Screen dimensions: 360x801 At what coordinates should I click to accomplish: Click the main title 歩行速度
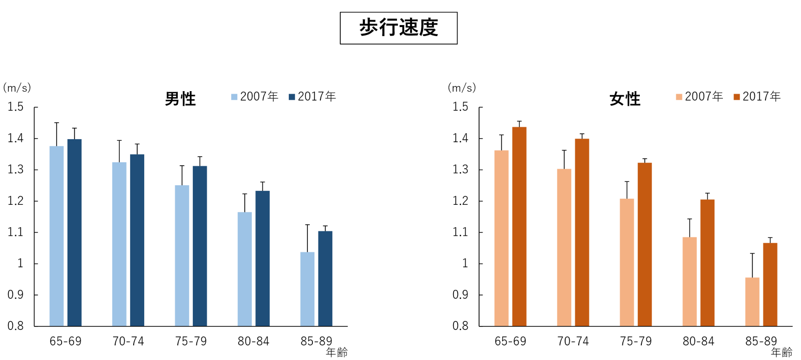(x=398, y=28)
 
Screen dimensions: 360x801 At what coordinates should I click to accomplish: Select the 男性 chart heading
(x=180, y=99)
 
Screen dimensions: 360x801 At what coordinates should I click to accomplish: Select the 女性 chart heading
(x=625, y=99)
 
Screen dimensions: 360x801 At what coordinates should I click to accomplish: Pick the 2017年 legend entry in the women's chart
(x=757, y=97)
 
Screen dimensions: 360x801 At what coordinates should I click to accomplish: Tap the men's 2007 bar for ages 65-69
(x=57, y=235)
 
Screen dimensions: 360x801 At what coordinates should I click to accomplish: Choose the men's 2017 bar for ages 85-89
(x=325, y=278)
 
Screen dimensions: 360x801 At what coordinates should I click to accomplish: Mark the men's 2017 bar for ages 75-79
(x=200, y=245)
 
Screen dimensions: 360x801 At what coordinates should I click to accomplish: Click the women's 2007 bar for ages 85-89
(x=752, y=301)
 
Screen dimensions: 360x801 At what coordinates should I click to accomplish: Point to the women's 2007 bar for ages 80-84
(x=689, y=281)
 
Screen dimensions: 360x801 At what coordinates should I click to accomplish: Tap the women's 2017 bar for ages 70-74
(x=582, y=232)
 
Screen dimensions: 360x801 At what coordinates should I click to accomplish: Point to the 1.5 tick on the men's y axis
(x=16, y=107)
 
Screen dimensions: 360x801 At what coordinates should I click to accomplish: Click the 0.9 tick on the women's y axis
(x=461, y=295)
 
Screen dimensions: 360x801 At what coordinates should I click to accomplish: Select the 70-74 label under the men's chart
(x=128, y=341)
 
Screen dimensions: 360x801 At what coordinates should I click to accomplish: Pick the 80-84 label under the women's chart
(x=698, y=341)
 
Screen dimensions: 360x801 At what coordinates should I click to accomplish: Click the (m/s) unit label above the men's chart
(x=17, y=88)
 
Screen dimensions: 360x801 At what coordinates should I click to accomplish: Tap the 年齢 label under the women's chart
(x=781, y=352)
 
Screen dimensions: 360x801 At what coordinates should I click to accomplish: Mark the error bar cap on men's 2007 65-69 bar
(x=57, y=123)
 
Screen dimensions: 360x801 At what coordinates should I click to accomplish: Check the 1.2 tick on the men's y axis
(x=16, y=201)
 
